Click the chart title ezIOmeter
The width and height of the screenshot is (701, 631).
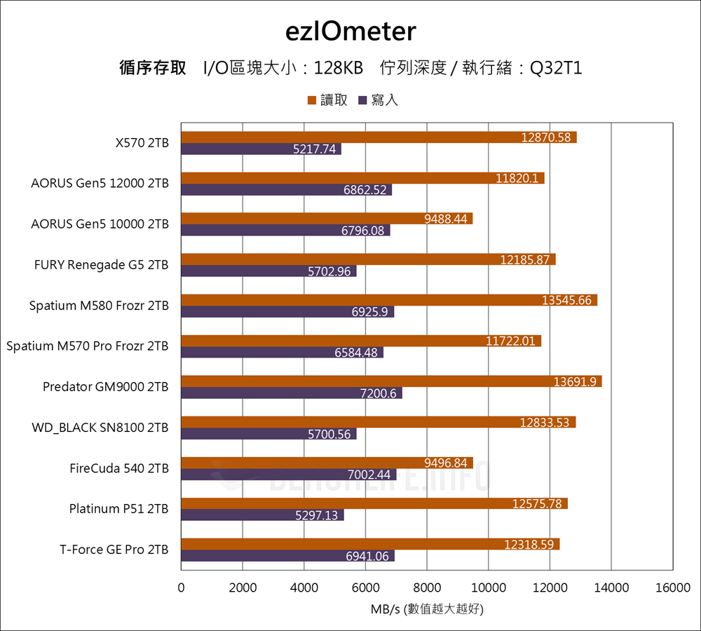[350, 31]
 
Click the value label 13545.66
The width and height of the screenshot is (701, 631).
[566, 300]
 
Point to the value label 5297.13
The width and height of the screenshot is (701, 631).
[318, 515]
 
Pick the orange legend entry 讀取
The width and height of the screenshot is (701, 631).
[328, 100]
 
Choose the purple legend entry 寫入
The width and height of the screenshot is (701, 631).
[379, 100]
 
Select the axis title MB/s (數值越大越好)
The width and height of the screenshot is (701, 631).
[427, 609]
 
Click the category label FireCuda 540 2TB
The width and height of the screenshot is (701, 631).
[119, 468]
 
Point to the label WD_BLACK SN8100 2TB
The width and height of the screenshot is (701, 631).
[100, 427]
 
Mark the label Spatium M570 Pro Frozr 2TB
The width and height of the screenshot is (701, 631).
[88, 346]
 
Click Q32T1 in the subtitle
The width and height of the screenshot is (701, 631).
[556, 68]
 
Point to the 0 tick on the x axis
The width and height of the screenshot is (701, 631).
[182, 588]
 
